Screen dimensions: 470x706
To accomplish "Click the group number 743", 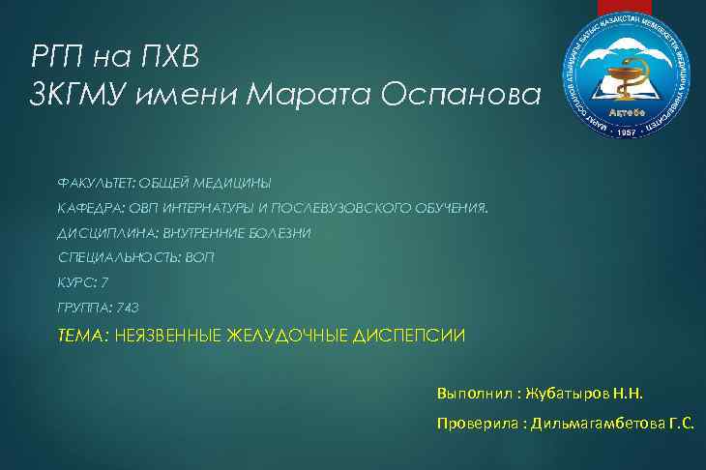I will point(127,308).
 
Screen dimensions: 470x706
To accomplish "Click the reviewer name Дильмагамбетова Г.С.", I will point(610,424).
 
